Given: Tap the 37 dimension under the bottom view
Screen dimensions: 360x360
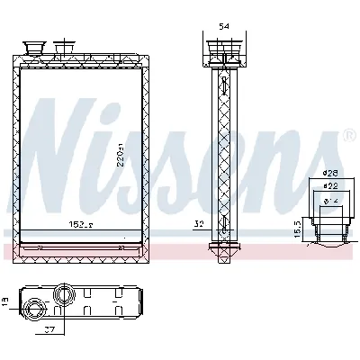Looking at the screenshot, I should click(51, 330).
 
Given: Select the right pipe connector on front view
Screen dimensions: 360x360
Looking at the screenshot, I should click(64, 46).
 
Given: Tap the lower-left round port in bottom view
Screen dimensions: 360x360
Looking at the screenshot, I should click(36, 310).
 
